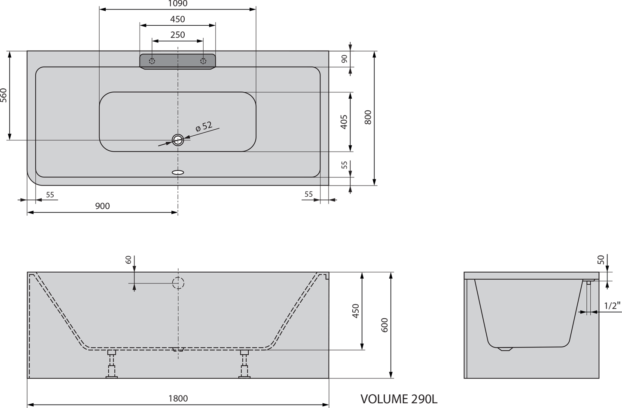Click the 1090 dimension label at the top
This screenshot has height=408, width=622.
(178, 3)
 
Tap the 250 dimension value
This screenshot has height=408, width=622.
(178, 35)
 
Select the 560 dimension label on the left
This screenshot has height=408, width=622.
(3, 95)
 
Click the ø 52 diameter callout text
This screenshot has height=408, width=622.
(204, 127)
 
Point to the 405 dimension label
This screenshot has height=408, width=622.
(344, 122)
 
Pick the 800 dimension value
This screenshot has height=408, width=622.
(368, 117)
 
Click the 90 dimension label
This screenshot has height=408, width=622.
(345, 59)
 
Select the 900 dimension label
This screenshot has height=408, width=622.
(103, 206)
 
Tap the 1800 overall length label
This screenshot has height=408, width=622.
(178, 399)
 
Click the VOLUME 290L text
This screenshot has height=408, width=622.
(399, 399)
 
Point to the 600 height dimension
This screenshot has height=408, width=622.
(384, 325)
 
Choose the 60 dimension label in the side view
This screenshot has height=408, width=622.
(128, 260)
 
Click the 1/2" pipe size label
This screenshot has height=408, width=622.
(612, 306)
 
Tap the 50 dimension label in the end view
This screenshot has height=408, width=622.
(601, 260)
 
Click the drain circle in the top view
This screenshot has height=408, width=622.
(178, 140)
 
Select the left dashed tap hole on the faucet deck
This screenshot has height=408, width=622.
(152, 61)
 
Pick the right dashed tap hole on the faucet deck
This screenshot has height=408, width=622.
(203, 61)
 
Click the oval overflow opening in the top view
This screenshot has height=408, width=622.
(178, 172)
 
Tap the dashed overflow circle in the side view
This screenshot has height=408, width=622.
(178, 283)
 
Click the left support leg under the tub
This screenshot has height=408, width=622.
(112, 364)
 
